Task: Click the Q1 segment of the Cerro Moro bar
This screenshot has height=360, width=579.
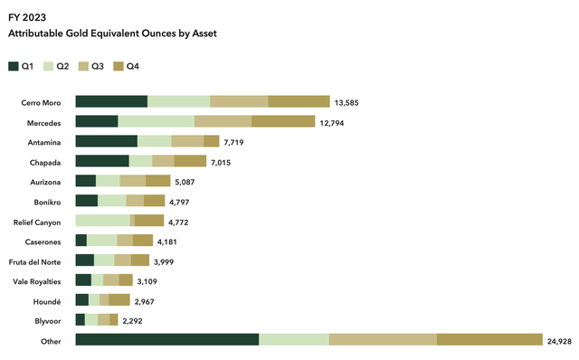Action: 111,101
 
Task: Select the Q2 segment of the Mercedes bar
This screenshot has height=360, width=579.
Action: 156,121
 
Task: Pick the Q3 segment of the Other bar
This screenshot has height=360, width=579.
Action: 383,339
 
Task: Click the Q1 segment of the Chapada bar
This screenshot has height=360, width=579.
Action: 102,161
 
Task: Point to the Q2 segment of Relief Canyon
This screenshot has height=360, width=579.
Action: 102,221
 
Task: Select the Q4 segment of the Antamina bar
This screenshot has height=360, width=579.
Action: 211,141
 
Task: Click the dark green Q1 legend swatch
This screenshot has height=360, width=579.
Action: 14,66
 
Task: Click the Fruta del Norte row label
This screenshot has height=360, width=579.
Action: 37,261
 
